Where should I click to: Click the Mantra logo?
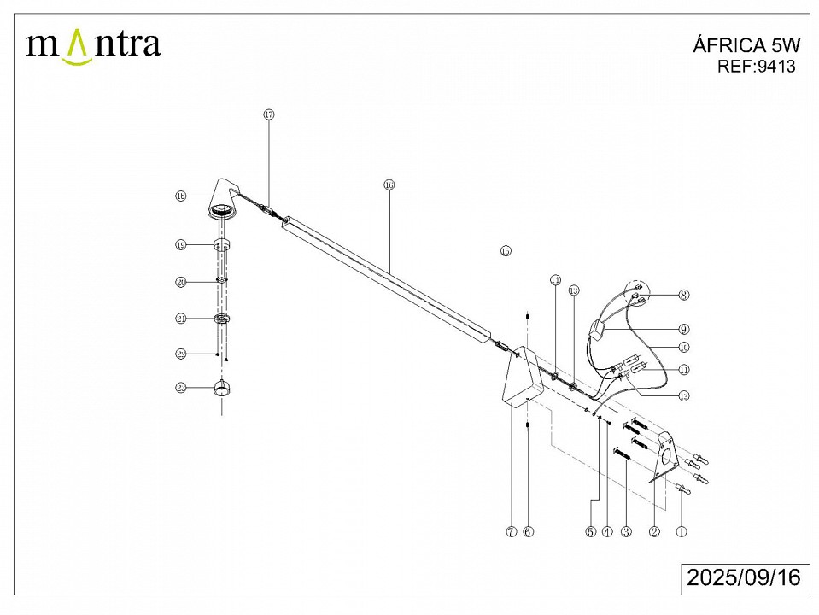(94, 44)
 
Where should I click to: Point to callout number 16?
(389, 184)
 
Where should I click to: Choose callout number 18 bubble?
(180, 196)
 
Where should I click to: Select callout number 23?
(180, 388)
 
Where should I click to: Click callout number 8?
(683, 295)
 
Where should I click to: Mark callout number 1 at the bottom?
(681, 531)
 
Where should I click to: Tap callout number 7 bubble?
(510, 531)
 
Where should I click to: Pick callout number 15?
(505, 251)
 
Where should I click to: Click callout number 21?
(180, 319)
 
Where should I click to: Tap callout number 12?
(683, 395)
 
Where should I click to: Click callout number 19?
(180, 245)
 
